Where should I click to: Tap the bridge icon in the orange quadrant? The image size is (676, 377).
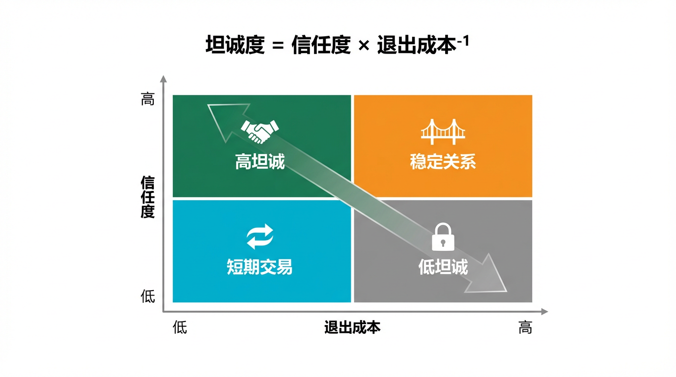[x=443, y=132]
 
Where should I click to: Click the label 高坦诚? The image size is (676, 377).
[x=259, y=162]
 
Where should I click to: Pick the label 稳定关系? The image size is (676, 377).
[x=443, y=162]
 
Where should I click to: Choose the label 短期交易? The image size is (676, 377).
[x=259, y=267]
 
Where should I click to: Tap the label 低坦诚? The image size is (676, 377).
[x=443, y=267]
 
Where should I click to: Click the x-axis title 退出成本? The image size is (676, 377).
[x=352, y=327]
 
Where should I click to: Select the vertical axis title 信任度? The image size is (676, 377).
[x=147, y=197]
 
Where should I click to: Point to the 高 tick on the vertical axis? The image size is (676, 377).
[x=147, y=100]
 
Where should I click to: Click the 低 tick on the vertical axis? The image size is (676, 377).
[x=147, y=296]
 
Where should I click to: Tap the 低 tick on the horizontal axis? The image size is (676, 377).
[x=180, y=327]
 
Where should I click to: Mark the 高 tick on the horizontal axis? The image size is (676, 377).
[x=525, y=327]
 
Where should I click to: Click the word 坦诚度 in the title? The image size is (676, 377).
[x=235, y=46]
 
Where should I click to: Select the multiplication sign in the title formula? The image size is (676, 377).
[x=364, y=47]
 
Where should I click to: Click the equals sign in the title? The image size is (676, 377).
[x=278, y=47]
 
